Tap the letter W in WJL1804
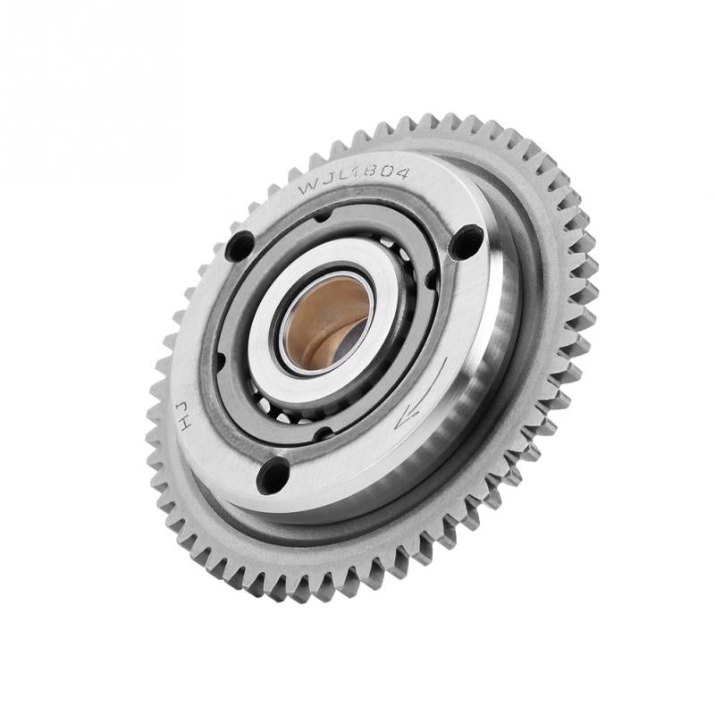click(307, 188)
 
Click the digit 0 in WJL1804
click(387, 172)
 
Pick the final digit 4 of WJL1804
click(401, 172)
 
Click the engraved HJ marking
click(183, 416)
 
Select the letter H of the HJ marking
click(185, 424)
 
